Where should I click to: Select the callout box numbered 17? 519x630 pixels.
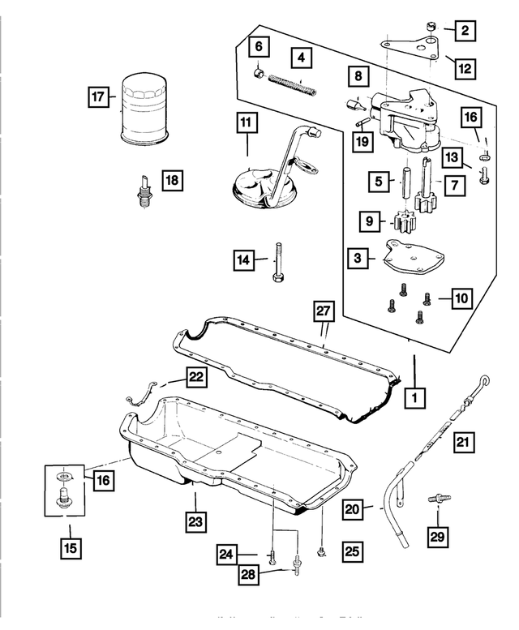point(98,97)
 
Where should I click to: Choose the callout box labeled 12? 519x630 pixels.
point(463,68)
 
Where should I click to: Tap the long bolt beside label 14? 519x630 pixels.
point(279,261)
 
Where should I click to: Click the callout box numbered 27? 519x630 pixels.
point(323,311)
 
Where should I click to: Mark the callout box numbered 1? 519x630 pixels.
point(414,397)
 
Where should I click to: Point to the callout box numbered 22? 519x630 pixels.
point(196,375)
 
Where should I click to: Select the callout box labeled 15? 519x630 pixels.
point(70,548)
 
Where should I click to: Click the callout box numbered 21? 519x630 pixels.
point(463,443)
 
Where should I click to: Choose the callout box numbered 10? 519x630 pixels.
point(460,299)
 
